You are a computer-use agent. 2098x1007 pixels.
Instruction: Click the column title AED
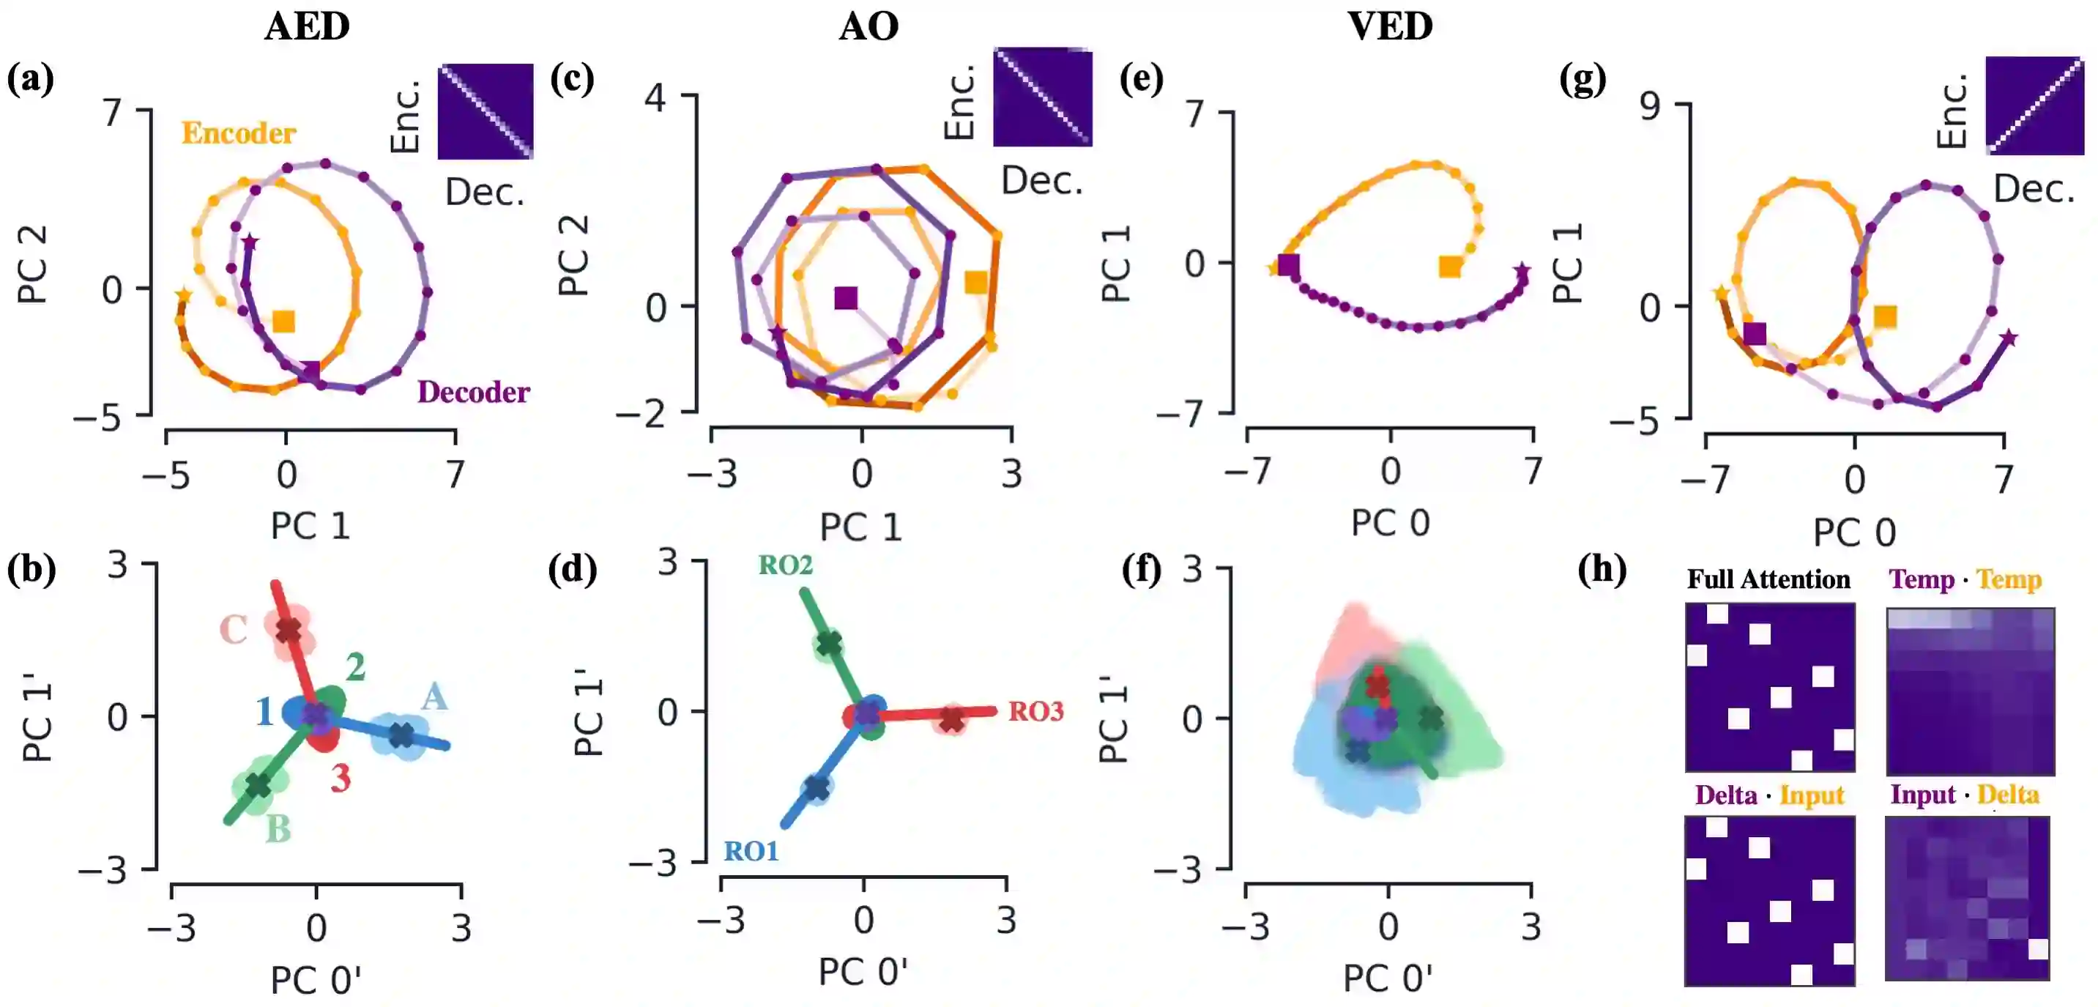point(307,26)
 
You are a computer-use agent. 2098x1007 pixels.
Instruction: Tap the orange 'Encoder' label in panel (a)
point(238,133)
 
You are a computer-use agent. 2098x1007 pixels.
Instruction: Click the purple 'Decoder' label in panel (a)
point(473,392)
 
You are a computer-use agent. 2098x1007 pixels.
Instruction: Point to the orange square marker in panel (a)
point(283,322)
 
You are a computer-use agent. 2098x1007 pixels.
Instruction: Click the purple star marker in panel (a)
point(250,242)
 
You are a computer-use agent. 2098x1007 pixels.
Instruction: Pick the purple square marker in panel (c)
point(847,298)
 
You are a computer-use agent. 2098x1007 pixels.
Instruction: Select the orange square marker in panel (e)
point(1450,267)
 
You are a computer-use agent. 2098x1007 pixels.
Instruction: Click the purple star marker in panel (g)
point(2009,338)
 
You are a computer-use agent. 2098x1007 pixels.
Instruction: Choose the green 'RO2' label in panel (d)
point(785,565)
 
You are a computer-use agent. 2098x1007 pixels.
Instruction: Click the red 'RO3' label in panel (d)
point(1036,711)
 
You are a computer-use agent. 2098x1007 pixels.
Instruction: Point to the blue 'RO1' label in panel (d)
point(751,852)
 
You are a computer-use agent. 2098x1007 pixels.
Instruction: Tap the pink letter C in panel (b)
point(234,630)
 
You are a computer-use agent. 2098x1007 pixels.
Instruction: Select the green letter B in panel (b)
point(278,828)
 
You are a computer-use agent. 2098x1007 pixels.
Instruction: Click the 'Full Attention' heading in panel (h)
point(1768,579)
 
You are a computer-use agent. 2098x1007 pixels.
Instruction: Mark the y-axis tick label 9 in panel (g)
point(1649,107)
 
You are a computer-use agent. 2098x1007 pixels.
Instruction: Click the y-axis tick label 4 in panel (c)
point(655,99)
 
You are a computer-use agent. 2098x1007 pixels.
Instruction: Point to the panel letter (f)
point(1140,570)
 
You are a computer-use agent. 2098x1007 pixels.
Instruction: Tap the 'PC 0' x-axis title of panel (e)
point(1391,522)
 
